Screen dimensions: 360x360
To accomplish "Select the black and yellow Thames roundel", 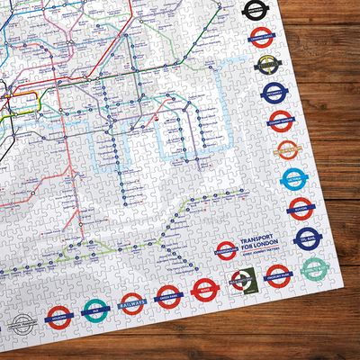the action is [x=267, y=64].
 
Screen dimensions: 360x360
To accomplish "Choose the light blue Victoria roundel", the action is [x=293, y=179].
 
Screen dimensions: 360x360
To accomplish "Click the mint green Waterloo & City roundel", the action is [x=313, y=269].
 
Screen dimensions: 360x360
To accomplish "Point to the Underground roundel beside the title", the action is [x=226, y=249].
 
